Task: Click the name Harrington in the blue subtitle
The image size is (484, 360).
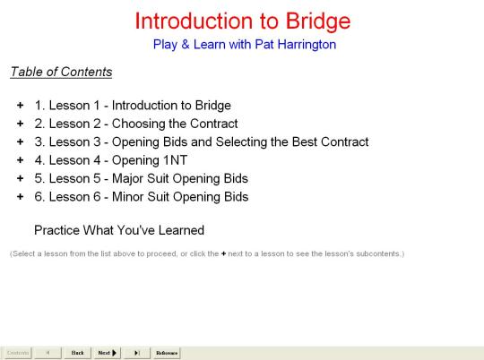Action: [x=307, y=45]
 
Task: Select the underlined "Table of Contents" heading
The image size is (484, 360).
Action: [x=61, y=72]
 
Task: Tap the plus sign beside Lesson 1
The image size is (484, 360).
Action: [x=21, y=106]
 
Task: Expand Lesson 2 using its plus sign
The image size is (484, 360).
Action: [x=21, y=124]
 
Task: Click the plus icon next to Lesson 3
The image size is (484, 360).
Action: [x=21, y=141]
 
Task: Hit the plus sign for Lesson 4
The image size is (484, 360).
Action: [x=21, y=160]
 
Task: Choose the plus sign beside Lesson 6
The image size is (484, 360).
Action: [x=21, y=196]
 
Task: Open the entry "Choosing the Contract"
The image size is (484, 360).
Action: [x=175, y=124]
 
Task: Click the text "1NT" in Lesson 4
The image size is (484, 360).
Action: [x=176, y=160]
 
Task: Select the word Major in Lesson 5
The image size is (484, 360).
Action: [x=127, y=179]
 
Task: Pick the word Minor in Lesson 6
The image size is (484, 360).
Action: [x=127, y=197]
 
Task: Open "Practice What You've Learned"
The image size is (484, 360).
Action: [x=119, y=230]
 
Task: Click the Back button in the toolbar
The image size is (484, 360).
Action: [x=77, y=353]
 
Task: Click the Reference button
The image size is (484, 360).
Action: [x=167, y=353]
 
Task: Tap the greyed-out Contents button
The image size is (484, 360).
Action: [x=18, y=353]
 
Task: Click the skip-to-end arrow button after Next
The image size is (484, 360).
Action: [x=137, y=353]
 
